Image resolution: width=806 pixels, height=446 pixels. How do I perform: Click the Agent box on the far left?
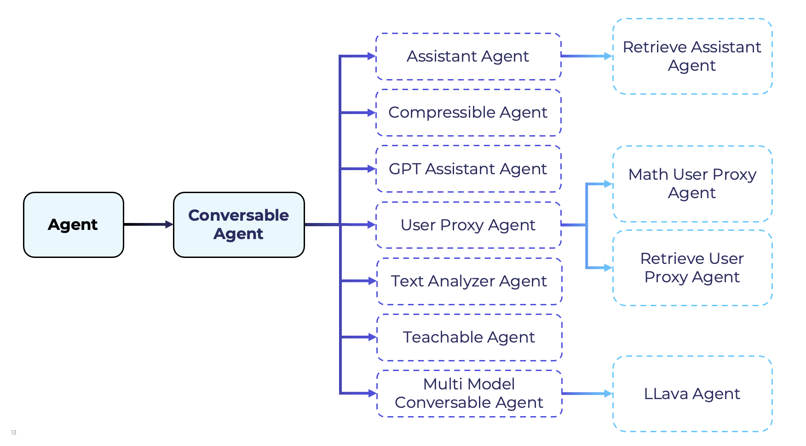tap(74, 225)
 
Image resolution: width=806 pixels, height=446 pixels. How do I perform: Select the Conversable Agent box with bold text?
tap(239, 225)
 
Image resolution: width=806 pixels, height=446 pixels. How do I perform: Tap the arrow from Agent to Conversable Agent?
tap(148, 224)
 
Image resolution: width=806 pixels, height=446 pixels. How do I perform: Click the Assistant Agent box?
tap(468, 57)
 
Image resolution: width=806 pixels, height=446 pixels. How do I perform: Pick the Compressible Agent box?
tap(468, 113)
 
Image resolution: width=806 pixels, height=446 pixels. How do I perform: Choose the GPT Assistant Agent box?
tap(468, 169)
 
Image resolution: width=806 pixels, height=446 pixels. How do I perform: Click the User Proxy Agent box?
tap(468, 225)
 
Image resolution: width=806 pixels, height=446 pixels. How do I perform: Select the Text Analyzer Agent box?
tap(469, 281)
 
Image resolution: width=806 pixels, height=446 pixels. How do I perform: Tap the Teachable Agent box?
tap(469, 337)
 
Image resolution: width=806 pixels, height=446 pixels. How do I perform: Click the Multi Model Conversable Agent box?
tap(469, 393)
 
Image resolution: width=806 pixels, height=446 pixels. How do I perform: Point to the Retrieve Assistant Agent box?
tap(692, 57)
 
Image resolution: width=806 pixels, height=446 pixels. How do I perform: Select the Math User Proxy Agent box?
tap(692, 184)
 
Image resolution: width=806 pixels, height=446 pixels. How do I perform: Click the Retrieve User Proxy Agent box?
tap(692, 268)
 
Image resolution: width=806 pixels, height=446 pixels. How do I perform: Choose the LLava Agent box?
tap(692, 394)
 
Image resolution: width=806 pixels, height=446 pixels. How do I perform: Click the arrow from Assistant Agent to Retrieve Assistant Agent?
tap(587, 56)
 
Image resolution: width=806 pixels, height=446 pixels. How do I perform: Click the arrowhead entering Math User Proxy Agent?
tap(608, 184)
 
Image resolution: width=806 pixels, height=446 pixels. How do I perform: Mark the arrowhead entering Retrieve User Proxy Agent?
tap(608, 268)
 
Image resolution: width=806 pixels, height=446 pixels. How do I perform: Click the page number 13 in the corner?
tap(13, 433)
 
